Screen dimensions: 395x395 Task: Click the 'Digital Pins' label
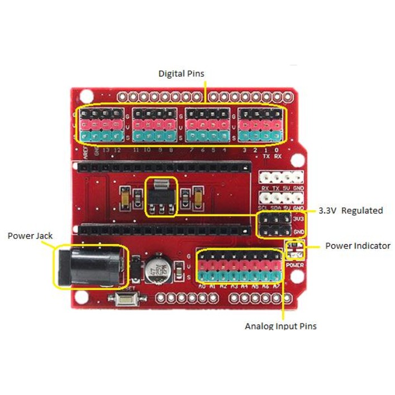[x=182, y=74]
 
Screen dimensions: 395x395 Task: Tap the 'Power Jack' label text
[x=30, y=236]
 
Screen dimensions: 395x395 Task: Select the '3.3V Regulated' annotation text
[x=350, y=211]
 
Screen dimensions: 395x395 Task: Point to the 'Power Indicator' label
[x=358, y=246]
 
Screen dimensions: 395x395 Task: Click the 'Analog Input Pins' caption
[x=280, y=326]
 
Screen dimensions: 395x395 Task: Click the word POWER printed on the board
[x=294, y=264]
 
